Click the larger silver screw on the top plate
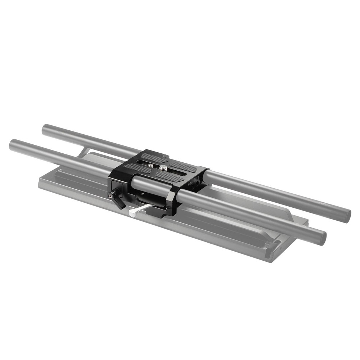[x=163, y=167]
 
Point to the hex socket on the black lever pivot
[x=109, y=196]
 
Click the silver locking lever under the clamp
[x=139, y=210]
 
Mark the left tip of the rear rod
[x=45, y=130]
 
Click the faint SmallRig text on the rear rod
[x=326, y=204]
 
